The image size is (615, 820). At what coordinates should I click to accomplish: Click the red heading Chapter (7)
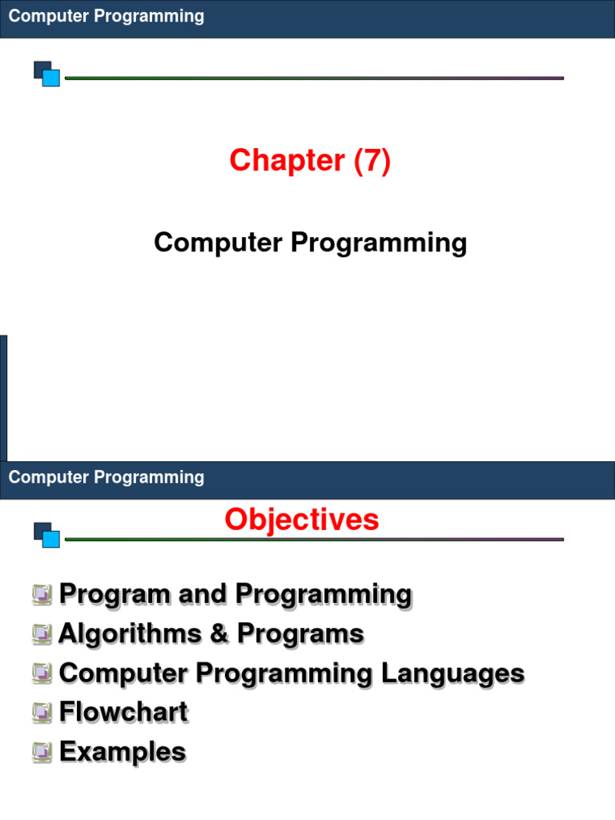(x=310, y=161)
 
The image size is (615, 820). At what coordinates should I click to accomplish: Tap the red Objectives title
(x=302, y=520)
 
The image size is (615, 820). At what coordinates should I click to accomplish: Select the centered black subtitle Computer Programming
(x=310, y=242)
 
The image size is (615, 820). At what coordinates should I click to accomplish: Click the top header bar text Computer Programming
(x=107, y=16)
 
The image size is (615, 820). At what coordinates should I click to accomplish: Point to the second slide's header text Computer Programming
(x=107, y=477)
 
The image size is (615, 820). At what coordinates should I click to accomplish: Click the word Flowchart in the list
(x=123, y=712)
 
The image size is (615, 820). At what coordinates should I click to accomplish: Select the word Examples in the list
(x=123, y=751)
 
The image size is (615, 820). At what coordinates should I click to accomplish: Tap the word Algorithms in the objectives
(x=128, y=633)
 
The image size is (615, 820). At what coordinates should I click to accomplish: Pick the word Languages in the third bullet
(x=452, y=673)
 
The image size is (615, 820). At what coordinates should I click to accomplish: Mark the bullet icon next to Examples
(x=42, y=751)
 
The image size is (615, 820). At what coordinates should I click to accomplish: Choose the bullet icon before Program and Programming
(x=42, y=594)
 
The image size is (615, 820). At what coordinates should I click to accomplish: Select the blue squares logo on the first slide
(x=47, y=74)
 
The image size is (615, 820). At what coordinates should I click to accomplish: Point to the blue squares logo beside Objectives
(x=47, y=535)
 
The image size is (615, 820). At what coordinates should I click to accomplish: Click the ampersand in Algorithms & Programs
(x=219, y=633)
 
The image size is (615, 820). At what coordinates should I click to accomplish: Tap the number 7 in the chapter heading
(x=372, y=161)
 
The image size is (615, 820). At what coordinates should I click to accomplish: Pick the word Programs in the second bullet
(x=300, y=633)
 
